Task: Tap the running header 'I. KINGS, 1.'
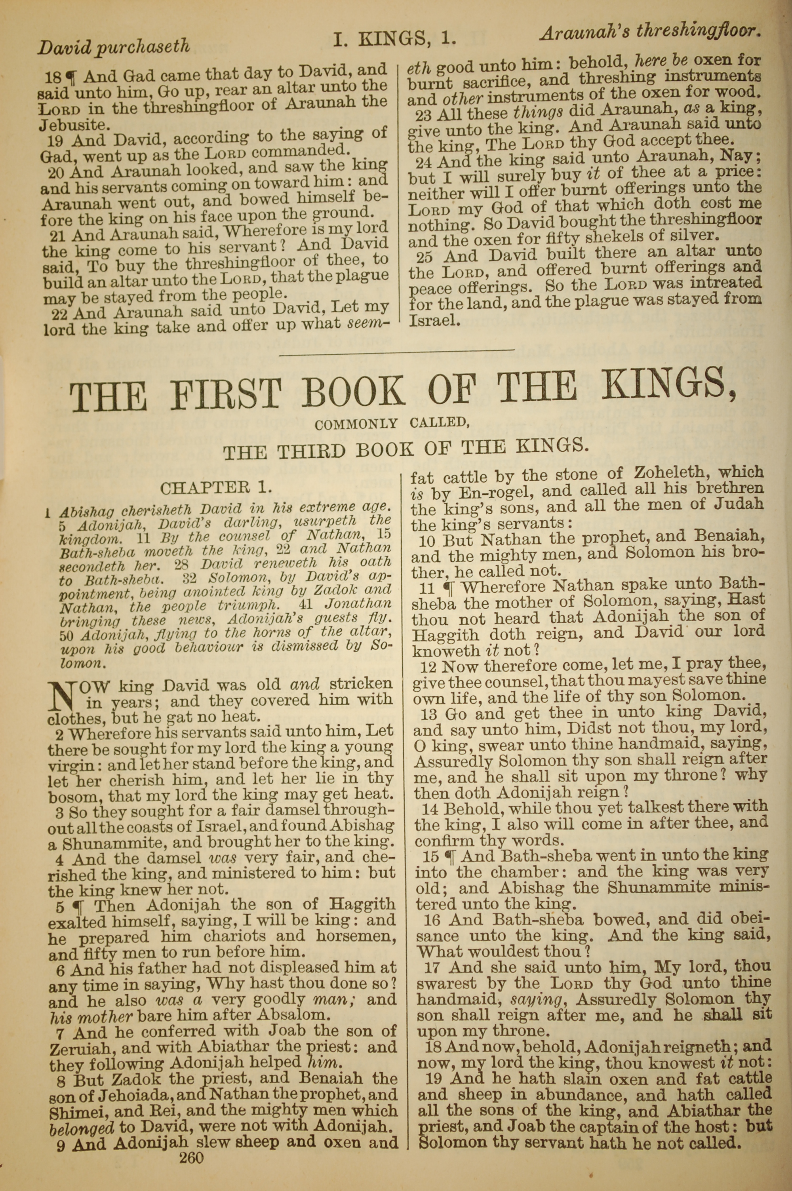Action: pyautogui.click(x=394, y=39)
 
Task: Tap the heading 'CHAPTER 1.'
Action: pyautogui.click(x=217, y=488)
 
